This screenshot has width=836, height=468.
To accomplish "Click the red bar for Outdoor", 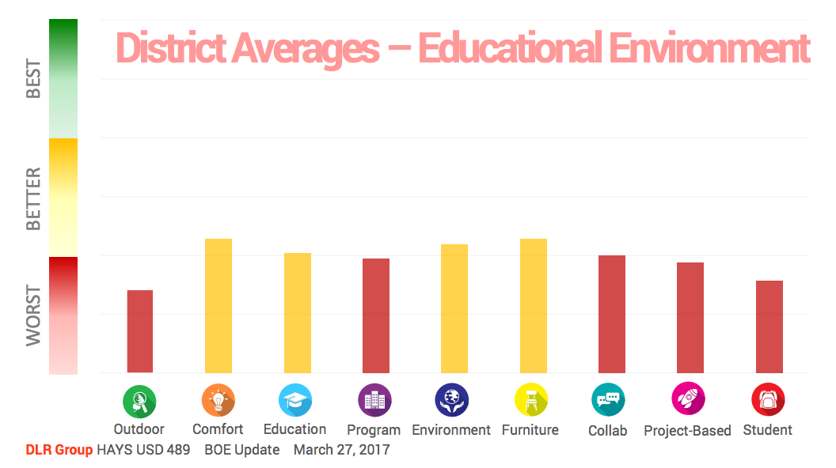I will (140, 331).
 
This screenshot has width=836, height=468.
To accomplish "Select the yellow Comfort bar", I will (218, 305).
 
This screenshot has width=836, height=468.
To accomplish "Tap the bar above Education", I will (298, 312).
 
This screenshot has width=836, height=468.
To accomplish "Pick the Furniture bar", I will (534, 305).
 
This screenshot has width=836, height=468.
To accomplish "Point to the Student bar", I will (769, 326).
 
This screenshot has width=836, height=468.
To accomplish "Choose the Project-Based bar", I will (690, 317).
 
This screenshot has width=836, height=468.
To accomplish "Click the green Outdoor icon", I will (139, 401).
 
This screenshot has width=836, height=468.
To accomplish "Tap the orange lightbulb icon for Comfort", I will (218, 400).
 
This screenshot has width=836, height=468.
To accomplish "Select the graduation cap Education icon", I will (295, 400).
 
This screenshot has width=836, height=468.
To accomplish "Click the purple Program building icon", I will (374, 400).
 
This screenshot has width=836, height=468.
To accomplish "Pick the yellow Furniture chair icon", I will (530, 400).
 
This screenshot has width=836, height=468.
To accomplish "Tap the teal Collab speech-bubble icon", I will (608, 400).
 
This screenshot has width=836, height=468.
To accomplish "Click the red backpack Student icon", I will (768, 400).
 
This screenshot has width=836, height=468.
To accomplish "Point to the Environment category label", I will (451, 430).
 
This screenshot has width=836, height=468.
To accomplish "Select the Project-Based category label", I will (687, 431).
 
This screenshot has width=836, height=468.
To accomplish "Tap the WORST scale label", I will (33, 315).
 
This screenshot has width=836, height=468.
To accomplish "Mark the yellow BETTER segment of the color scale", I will (63, 197).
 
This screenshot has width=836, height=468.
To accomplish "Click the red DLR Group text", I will (59, 450).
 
